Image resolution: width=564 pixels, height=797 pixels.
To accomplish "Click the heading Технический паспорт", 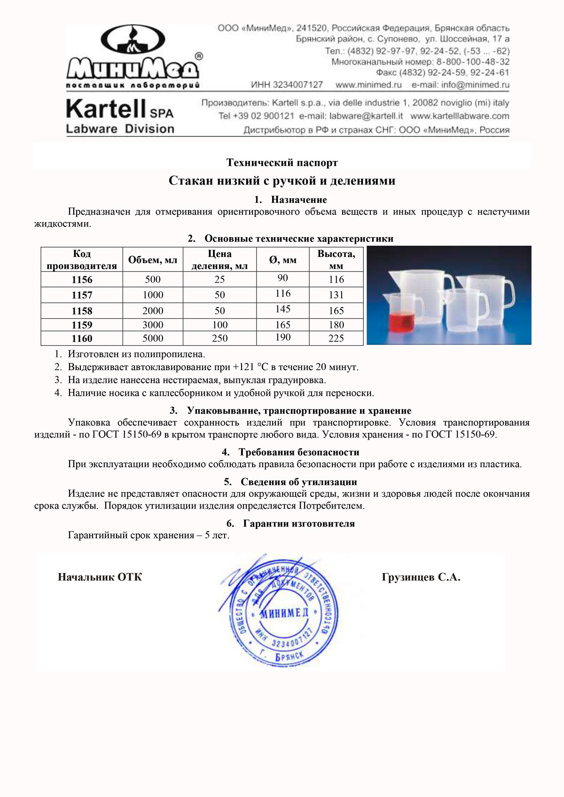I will pos(282,162).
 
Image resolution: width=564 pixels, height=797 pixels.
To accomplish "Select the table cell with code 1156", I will pos(82,279).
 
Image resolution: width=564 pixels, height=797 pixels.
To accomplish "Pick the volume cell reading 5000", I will pos(153,338).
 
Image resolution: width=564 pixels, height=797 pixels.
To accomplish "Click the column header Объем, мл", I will pos(153,260).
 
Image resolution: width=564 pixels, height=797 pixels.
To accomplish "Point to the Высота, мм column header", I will pos(336,260).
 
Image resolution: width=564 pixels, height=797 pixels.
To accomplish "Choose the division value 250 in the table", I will pos(219,338).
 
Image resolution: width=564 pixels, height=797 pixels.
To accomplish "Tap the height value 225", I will pos(336,338).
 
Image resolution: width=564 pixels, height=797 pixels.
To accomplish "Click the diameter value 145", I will pos(283,309).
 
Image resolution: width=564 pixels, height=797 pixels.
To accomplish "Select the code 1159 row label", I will pos(82,325).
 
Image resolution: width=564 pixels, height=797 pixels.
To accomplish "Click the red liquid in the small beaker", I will pos(402,323).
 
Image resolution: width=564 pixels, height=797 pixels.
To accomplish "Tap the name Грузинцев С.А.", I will pos(421,577).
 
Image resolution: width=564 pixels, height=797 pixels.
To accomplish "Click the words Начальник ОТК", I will pos(100,577).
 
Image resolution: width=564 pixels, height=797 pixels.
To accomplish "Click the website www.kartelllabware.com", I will pos(459,116).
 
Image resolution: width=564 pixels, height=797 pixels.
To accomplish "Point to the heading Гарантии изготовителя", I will pos(298,523).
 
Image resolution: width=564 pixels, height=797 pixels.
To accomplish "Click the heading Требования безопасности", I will pos(298,452).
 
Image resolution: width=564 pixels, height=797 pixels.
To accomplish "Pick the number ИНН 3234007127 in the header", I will pos(287,85).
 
